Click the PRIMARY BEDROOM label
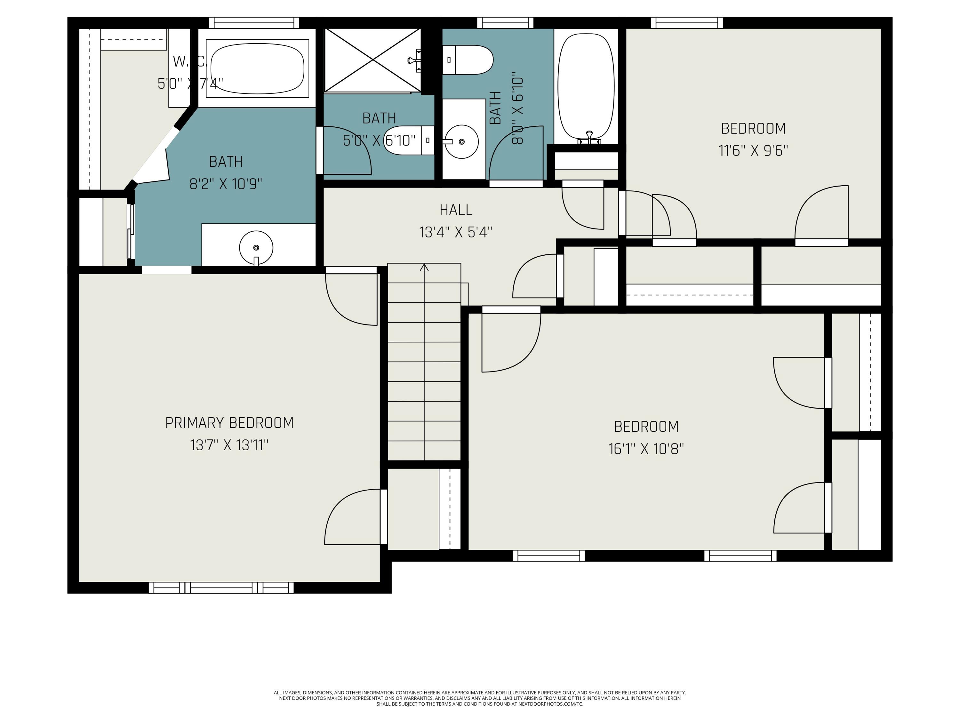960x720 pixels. point(229,423)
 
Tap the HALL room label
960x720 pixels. point(455,210)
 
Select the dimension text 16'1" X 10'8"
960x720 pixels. point(646,449)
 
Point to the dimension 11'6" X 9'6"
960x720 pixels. point(753,151)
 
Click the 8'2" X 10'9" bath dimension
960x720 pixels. point(226,184)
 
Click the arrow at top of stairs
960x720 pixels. point(424,268)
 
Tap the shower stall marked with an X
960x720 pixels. point(373,60)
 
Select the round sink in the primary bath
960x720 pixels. point(256,247)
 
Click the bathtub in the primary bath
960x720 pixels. point(257,68)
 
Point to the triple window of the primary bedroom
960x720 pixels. point(221,588)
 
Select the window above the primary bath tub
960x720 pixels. point(254,23)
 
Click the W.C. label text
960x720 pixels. point(190,62)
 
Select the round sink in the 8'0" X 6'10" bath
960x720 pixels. point(461,141)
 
